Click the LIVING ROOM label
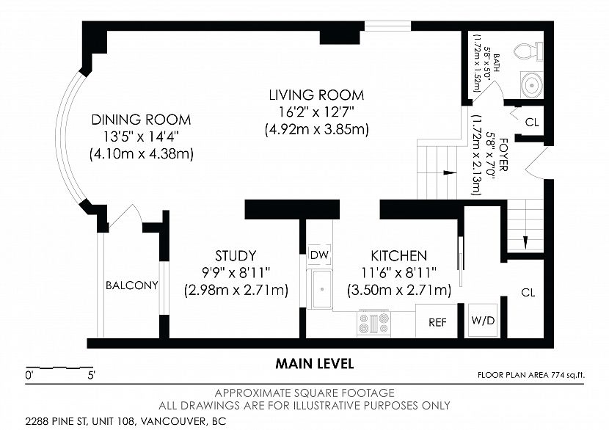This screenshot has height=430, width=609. [316, 95]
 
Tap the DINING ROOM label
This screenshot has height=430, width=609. [141, 120]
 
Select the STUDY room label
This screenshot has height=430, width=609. [236, 255]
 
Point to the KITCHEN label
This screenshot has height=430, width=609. [399, 255]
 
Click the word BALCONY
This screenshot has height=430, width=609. [132, 285]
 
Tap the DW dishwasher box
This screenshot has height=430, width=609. [319, 255]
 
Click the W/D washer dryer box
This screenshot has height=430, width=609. [483, 321]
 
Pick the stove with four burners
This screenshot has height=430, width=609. [373, 323]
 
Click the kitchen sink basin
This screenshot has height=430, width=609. [322, 289]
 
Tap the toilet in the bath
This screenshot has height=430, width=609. [528, 51]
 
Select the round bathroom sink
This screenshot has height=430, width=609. [531, 84]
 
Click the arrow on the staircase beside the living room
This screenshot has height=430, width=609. [449, 172]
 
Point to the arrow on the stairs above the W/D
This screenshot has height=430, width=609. [525, 241]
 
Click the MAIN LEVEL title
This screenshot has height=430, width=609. [315, 364]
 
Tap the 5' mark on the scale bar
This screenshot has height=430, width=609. [91, 375]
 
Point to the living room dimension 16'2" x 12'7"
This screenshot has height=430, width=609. [316, 112]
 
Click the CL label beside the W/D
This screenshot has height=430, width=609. [528, 293]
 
